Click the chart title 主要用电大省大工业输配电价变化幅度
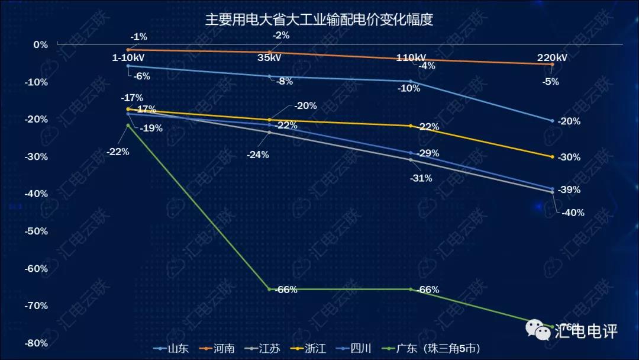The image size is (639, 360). pyautogui.click(x=319, y=20)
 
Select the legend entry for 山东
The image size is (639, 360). pyautogui.click(x=171, y=348)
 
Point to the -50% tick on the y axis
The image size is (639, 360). pyautogui.click(x=37, y=231)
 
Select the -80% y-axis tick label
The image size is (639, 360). pyautogui.click(x=37, y=343)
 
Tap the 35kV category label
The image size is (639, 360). pyautogui.click(x=270, y=58)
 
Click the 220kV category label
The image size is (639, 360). pyautogui.click(x=552, y=58)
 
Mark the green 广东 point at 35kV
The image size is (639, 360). pyautogui.click(x=270, y=289)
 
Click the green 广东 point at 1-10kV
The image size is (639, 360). pyautogui.click(x=128, y=125)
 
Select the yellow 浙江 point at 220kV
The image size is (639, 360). pyautogui.click(x=552, y=157)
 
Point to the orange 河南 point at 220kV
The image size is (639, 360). pyautogui.click(x=552, y=64)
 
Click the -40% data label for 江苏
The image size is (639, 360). pyautogui.click(x=572, y=213)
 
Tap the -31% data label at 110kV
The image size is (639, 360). pyautogui.click(x=421, y=178)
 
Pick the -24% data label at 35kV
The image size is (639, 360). pyautogui.click(x=258, y=155)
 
